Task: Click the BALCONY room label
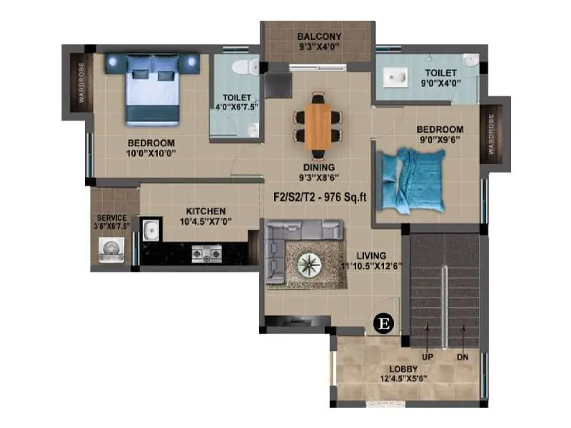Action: [x=319, y=37]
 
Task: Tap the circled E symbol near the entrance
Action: [x=384, y=323]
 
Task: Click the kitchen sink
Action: [x=150, y=230]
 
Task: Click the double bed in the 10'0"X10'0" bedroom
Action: [x=151, y=88]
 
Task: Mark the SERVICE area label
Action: [x=112, y=218]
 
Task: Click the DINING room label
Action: [x=319, y=168]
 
